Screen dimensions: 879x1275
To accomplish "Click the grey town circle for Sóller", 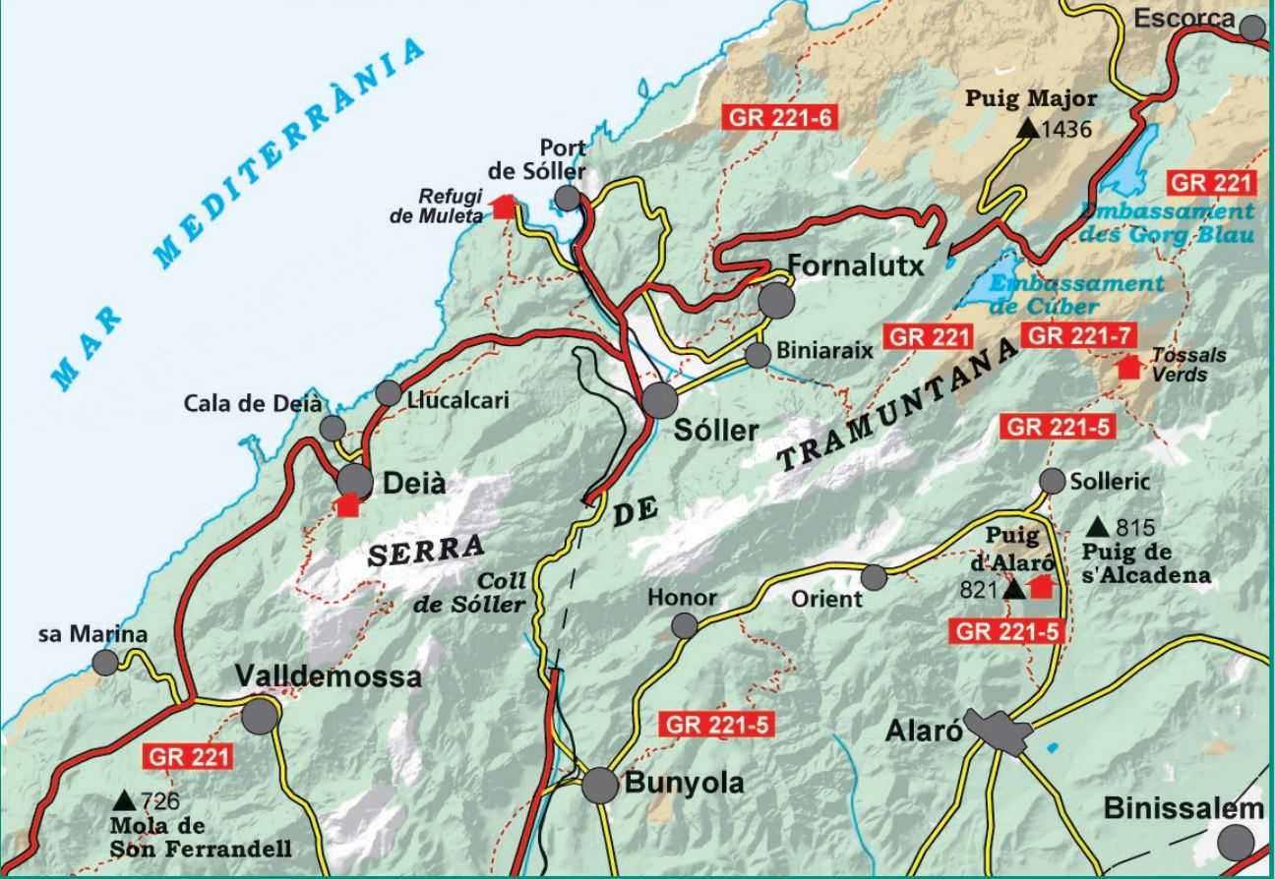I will coord(660,400).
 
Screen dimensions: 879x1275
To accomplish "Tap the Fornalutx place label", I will coord(857,265).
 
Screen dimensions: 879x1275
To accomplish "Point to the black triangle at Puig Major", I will coord(1027,128).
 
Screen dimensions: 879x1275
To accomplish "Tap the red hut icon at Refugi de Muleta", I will coord(504,206).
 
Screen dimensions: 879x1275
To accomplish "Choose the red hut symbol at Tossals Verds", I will coord(1128,367).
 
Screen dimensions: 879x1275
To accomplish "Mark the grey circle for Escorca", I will coord(1251,28).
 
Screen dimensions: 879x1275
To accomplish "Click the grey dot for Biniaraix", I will coord(757,355).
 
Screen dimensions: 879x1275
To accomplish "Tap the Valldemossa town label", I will coord(329,676).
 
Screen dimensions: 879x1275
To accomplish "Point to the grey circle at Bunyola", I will coord(600,786).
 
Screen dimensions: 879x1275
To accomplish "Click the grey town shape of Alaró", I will coord(999,731).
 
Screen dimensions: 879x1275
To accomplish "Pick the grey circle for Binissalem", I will coord(1236,843).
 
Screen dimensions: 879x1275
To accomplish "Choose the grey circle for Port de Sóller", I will coord(567,199).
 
